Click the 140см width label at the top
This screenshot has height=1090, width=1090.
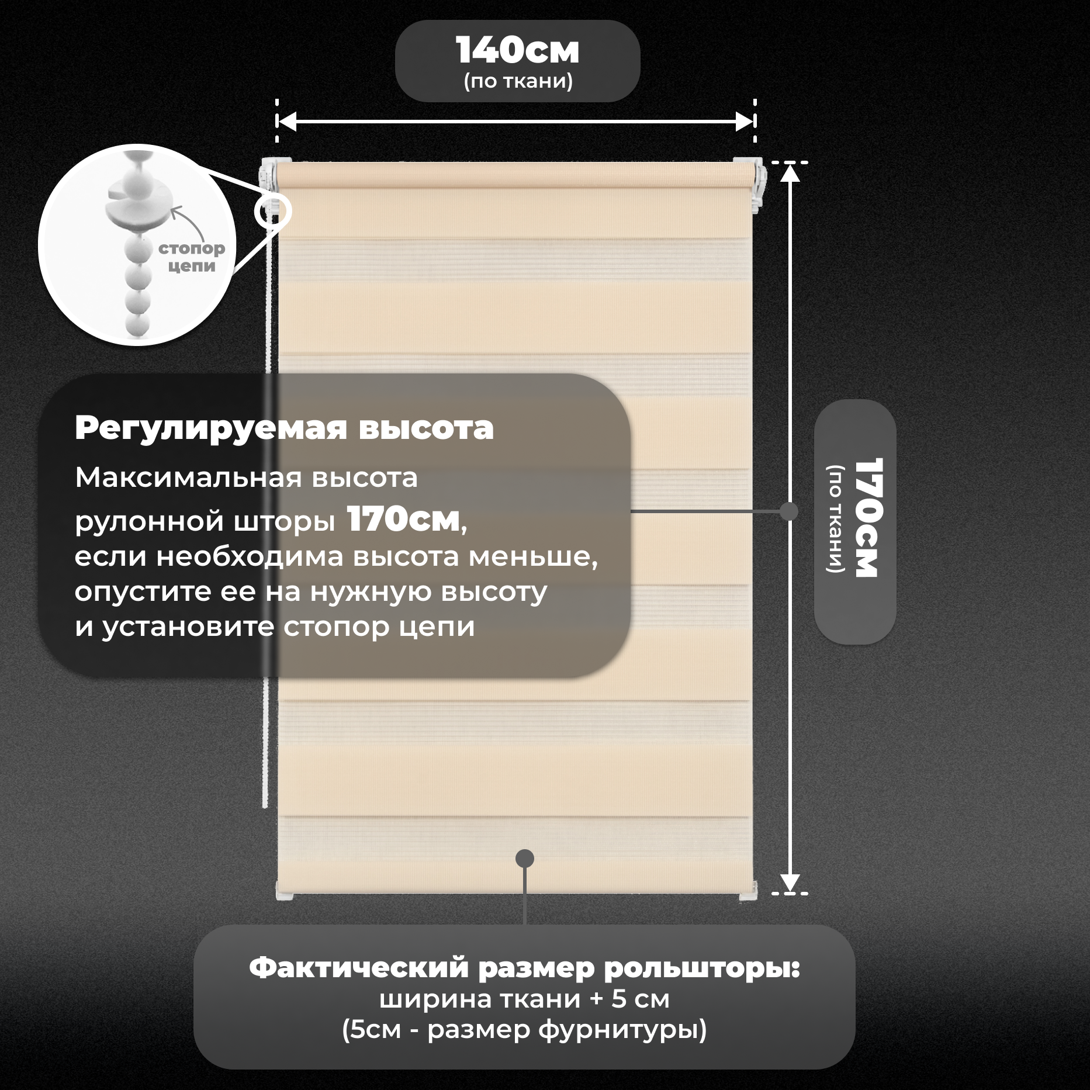click(517, 51)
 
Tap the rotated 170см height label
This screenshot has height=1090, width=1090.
click(868, 518)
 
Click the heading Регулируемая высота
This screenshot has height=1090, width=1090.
click(284, 428)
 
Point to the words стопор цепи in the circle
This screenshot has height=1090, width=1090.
click(192, 257)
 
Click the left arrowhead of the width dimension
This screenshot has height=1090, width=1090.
click(286, 122)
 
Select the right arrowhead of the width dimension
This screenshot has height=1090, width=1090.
click(745, 122)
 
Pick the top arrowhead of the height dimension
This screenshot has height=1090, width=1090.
click(790, 174)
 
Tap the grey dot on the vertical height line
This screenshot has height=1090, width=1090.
click(789, 511)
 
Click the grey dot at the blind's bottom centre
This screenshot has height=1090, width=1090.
click(525, 858)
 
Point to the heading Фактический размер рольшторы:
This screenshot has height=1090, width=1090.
click(524, 968)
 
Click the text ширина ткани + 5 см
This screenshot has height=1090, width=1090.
click(524, 999)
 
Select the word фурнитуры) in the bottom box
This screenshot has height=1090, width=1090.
click(622, 1029)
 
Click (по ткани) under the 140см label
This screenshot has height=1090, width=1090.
click(518, 81)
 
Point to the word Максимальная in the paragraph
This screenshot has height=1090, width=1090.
click(188, 477)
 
